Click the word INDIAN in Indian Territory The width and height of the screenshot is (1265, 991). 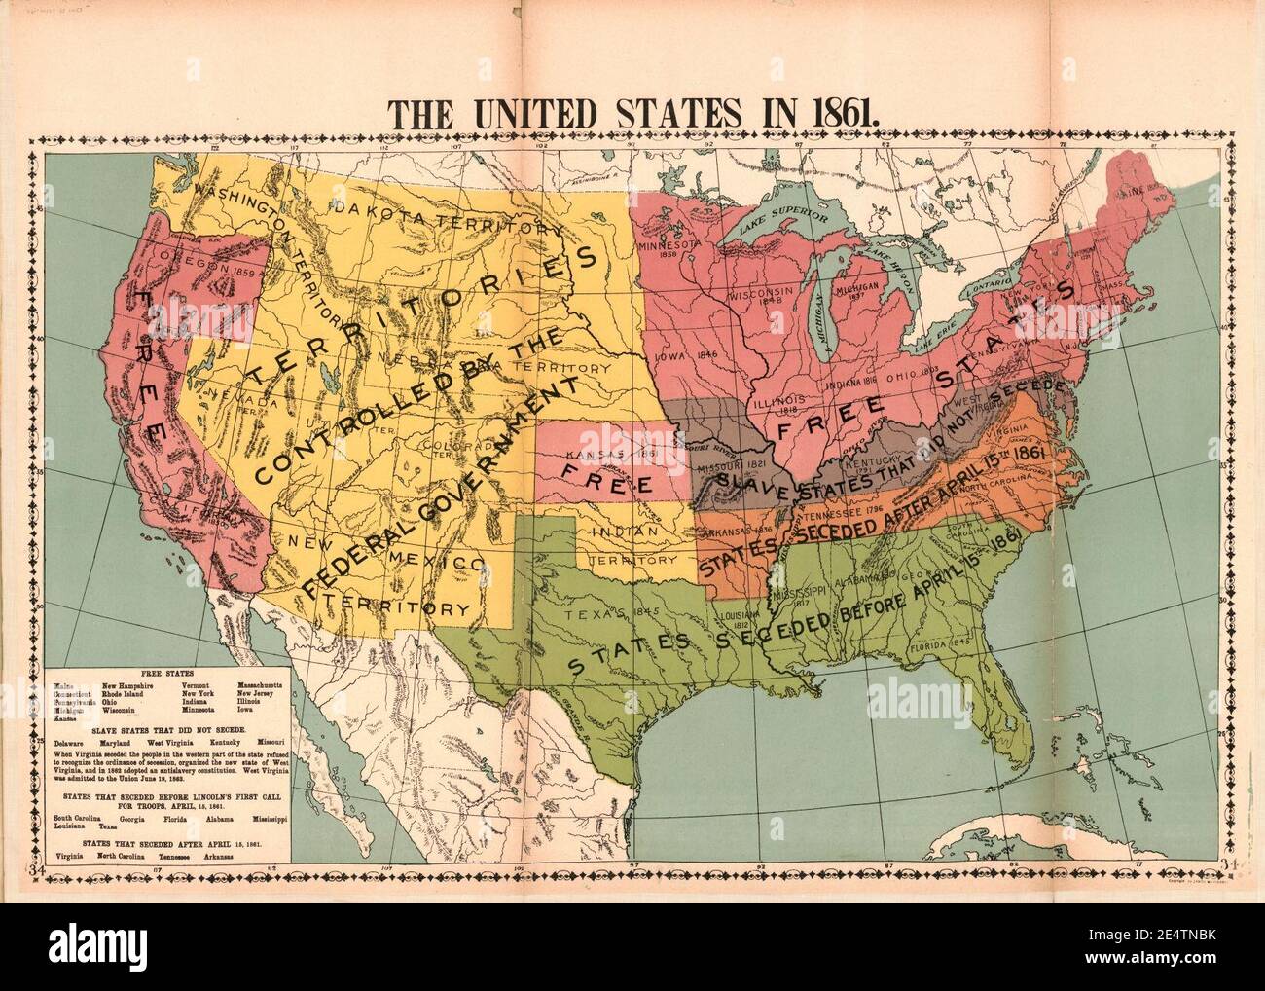pyautogui.click(x=623, y=532)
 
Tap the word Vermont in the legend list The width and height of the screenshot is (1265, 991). pyautogui.click(x=199, y=685)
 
